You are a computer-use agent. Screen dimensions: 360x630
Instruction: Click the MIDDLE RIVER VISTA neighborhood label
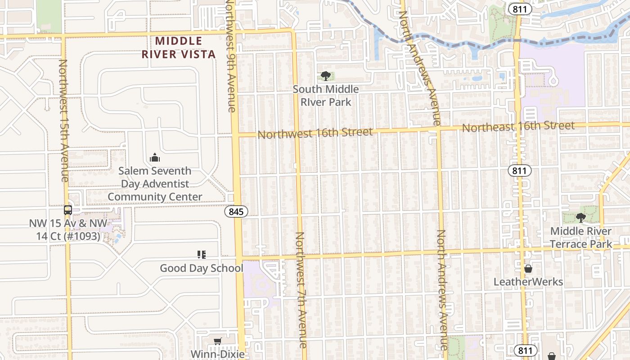(179, 48)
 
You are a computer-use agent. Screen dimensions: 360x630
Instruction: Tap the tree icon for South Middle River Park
(326, 76)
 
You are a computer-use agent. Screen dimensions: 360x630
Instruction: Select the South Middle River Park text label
(326, 95)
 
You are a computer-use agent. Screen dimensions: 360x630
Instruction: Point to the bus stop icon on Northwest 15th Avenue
(67, 210)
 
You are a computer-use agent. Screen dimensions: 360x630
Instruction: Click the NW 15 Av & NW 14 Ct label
(68, 229)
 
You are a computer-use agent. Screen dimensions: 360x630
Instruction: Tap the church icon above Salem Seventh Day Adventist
(155, 157)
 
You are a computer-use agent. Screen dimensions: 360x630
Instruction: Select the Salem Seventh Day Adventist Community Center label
(155, 184)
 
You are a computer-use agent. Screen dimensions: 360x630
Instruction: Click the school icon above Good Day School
(202, 255)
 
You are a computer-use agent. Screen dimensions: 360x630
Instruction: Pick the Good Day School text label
(202, 268)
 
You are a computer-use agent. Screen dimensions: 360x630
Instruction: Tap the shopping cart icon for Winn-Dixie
(218, 342)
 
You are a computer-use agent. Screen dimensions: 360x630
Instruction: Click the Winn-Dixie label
(218, 354)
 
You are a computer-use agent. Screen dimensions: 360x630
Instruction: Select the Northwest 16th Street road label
(315, 133)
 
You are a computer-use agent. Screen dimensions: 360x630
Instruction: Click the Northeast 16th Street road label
(518, 126)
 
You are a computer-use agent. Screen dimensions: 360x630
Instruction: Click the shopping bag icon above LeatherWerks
(528, 269)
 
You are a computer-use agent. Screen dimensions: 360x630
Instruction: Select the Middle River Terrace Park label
(580, 238)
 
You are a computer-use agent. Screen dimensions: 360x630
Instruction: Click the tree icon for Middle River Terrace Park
(581, 218)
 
